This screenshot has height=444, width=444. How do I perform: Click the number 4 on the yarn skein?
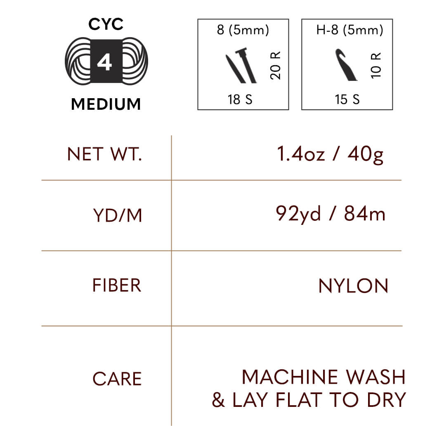[104, 63]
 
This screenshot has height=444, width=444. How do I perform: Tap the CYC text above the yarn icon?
[106, 24]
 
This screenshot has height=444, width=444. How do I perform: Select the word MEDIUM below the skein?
[106, 104]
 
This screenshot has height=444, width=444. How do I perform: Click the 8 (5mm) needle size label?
[243, 31]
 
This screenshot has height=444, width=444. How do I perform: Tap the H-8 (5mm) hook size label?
[350, 31]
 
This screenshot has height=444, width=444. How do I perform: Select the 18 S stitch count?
[240, 99]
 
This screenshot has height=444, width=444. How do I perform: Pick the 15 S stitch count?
[347, 99]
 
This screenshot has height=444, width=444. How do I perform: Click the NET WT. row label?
[104, 154]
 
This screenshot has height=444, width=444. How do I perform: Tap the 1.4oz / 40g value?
[330, 154]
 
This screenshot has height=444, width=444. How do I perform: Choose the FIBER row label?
[117, 286]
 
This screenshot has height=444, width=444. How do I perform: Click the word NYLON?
[353, 286]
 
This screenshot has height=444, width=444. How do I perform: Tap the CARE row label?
[117, 379]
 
